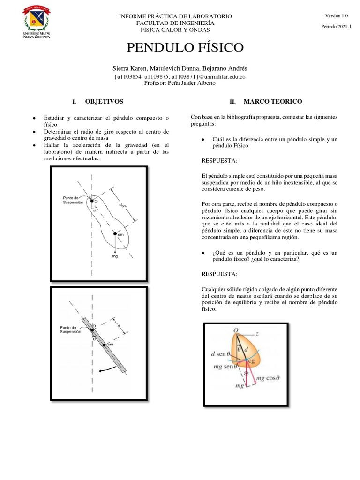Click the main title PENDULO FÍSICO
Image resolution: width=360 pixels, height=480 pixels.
pyautogui.click(x=185, y=47)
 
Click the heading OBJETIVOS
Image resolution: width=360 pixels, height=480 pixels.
pyautogui.click(x=104, y=101)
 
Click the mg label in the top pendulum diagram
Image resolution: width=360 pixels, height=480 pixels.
pyautogui.click(x=115, y=257)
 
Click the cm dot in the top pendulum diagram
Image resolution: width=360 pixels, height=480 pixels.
pyautogui.click(x=114, y=233)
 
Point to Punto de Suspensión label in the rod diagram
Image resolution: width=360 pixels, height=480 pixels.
pyautogui.click(x=71, y=330)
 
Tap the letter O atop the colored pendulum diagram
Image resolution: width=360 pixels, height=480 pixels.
pyautogui.click(x=237, y=330)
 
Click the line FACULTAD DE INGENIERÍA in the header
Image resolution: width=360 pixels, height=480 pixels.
pyautogui.click(x=175, y=22)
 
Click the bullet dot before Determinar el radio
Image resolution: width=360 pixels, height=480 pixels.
pyautogui.click(x=35, y=132)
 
